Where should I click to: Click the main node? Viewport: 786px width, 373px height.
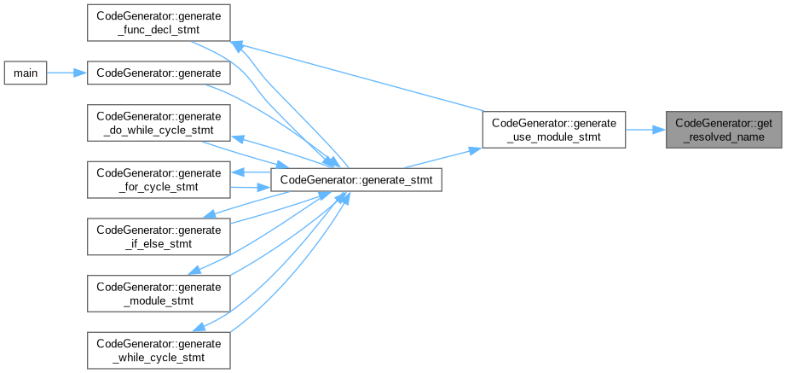[x=25, y=73]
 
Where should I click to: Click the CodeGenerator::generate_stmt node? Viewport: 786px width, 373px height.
[x=355, y=179]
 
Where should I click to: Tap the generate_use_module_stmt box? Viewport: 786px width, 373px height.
[x=553, y=130]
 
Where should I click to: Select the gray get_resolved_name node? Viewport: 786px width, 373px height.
[x=725, y=130]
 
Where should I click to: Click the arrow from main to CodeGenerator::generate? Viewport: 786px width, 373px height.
[x=68, y=73]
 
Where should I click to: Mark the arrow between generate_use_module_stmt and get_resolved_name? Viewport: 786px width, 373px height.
[x=646, y=130]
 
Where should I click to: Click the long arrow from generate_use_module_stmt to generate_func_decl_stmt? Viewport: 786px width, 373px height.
[x=358, y=77]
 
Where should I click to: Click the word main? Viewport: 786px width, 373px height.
[x=25, y=73]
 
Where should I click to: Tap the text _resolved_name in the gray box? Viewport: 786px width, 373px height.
[x=725, y=137]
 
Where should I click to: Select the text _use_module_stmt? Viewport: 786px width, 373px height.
[x=553, y=137]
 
